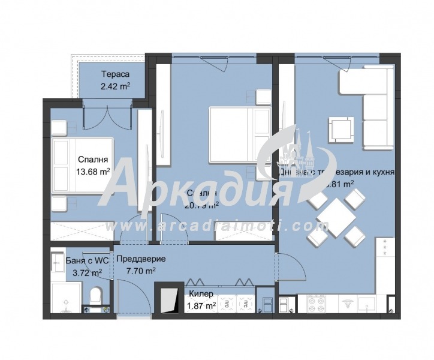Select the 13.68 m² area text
coord(92,171)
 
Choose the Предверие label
coord(141,259)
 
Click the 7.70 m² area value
coord(141,271)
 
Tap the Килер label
coord(201,294)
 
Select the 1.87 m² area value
coord(201,305)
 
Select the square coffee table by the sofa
coord(340,128)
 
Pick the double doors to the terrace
coord(106,116)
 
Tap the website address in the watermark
coord(217,226)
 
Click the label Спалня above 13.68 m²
coord(92,160)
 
